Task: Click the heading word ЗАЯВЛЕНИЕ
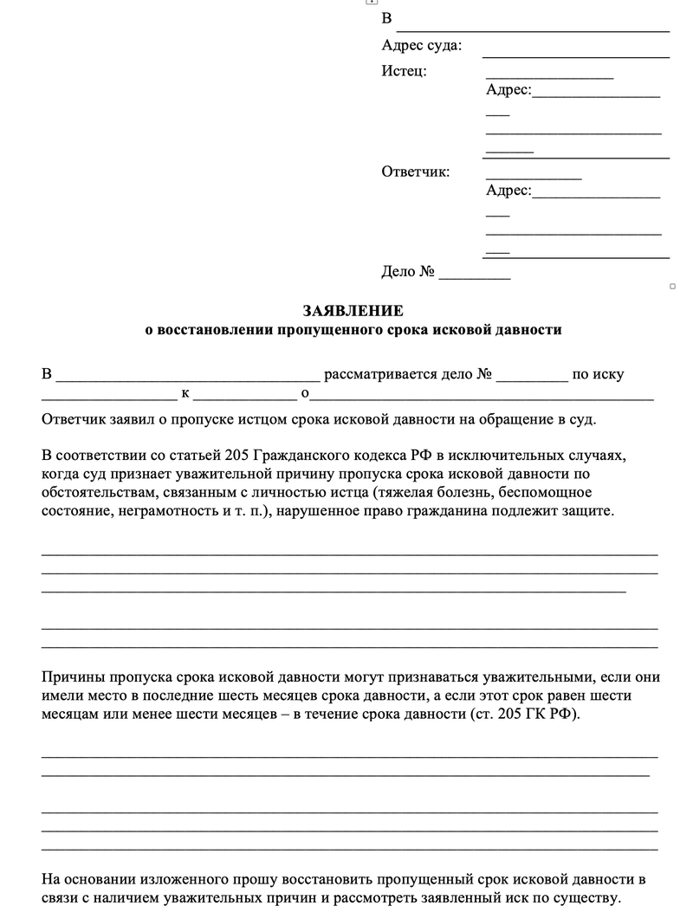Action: coord(353,310)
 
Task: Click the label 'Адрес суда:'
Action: coord(421,46)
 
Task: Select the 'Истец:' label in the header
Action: coord(404,71)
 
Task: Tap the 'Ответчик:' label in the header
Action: coord(416,172)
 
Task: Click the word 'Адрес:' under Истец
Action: coord(508,90)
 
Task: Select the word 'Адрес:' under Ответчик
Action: coord(508,191)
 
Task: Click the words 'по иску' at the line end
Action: coord(598,375)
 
